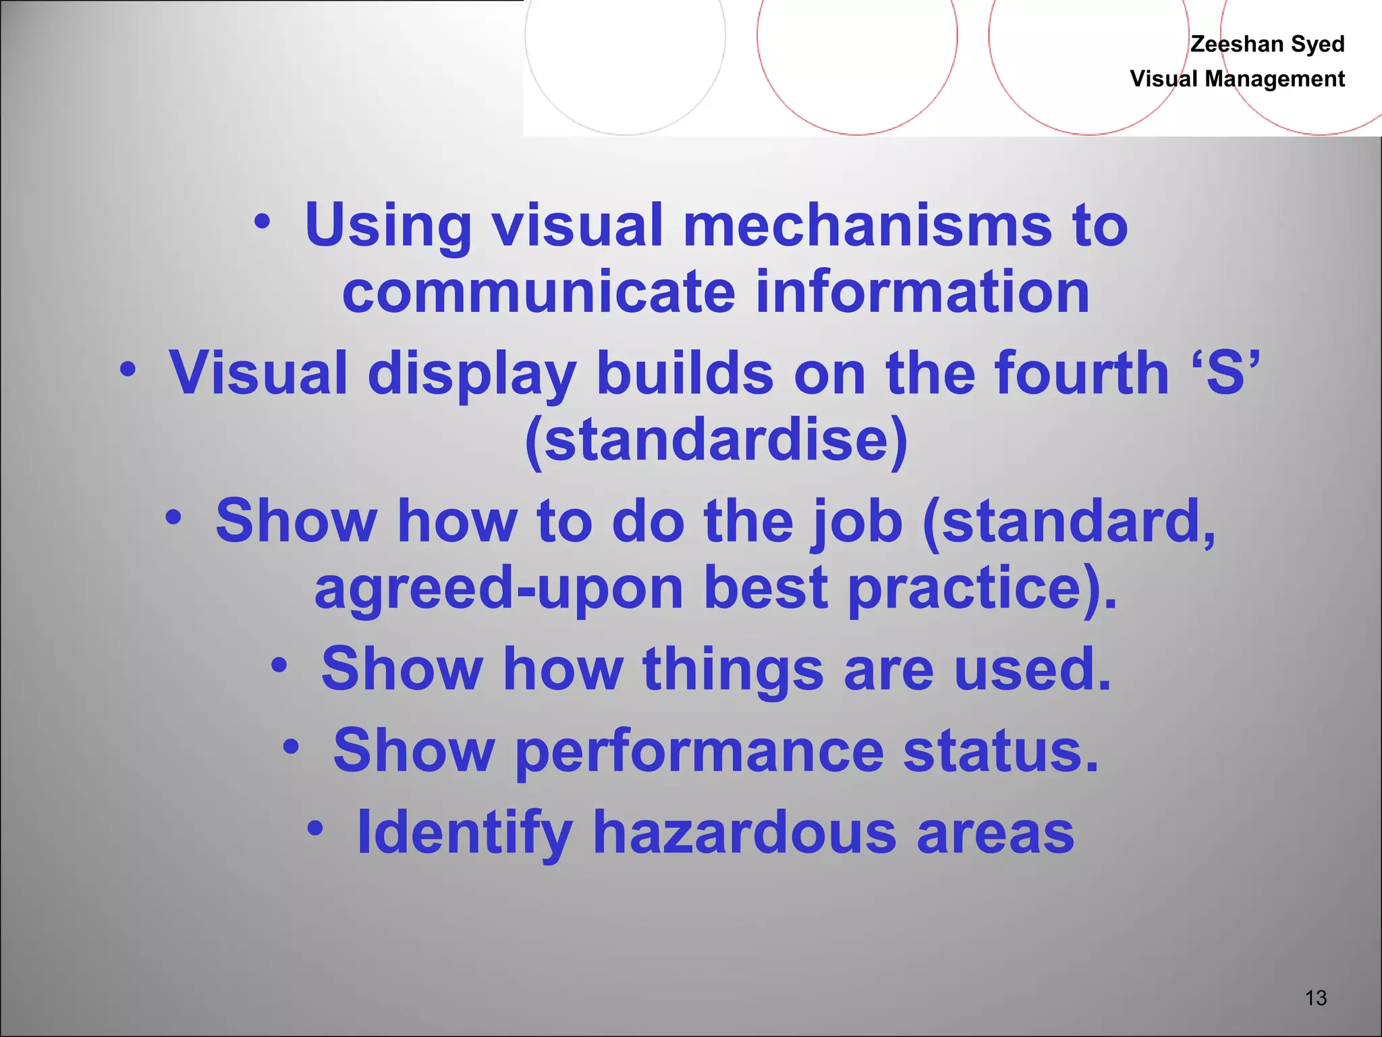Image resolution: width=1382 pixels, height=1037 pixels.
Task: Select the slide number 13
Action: tap(1316, 997)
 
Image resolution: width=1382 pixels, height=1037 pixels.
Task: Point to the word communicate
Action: tap(538, 292)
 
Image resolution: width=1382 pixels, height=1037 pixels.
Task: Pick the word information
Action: tap(922, 292)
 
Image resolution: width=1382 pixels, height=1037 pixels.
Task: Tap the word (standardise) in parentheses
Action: tap(717, 440)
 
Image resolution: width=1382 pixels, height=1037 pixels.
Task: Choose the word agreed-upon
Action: tap(499, 587)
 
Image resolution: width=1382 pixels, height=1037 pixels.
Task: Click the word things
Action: tap(734, 669)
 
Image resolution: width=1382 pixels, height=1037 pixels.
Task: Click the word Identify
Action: tap(465, 832)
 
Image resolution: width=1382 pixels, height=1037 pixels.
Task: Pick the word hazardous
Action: tap(745, 832)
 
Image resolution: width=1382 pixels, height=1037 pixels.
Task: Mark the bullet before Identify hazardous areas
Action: tap(315, 828)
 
